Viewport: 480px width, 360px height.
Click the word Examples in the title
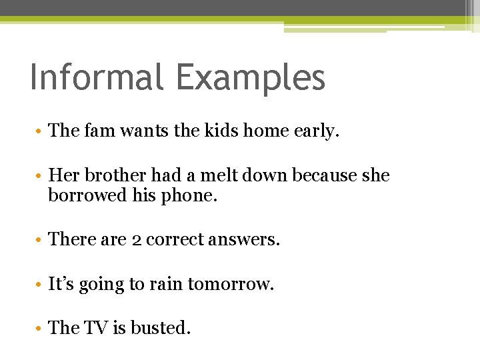[251, 79]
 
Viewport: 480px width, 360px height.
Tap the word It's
[61, 284]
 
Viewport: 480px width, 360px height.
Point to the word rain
[166, 284]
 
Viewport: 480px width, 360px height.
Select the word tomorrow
[231, 284]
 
